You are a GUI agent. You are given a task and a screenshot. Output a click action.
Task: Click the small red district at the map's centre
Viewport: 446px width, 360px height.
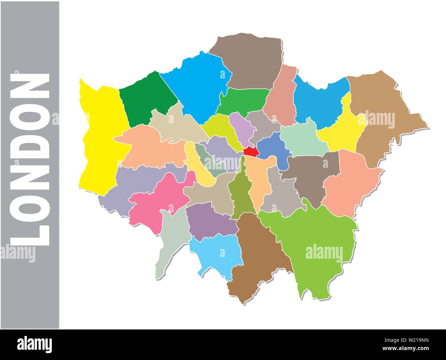pos(250,151)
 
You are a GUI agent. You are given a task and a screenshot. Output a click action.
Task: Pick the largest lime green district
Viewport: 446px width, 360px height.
pos(309,240)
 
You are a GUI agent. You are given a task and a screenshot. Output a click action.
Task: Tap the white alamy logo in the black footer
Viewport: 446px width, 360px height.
pos(35,344)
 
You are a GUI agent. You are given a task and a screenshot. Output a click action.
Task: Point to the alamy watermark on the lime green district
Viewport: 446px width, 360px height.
pos(324,254)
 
